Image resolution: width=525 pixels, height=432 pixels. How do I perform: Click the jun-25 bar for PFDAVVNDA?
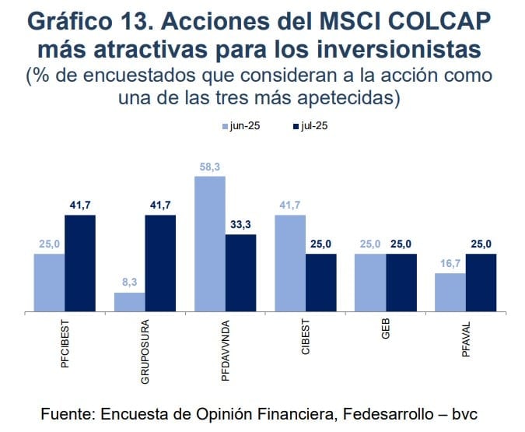click(x=209, y=244)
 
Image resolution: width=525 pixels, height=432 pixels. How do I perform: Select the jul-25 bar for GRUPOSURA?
click(x=160, y=263)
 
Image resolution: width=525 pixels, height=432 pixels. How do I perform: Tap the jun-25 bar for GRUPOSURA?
click(x=129, y=302)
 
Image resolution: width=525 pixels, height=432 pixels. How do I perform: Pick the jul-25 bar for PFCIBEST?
click(x=80, y=263)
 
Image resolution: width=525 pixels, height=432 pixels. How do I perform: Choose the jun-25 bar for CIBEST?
click(x=289, y=263)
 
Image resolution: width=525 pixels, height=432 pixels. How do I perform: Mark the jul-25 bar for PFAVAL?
click(x=481, y=283)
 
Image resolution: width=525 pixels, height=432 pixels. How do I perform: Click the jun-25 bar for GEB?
click(x=370, y=283)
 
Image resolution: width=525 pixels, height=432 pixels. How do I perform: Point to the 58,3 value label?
click(x=210, y=167)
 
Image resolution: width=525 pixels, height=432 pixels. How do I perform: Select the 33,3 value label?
click(x=241, y=225)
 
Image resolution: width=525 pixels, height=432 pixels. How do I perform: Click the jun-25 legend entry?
click(x=241, y=126)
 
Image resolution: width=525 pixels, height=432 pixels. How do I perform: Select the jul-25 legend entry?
click(x=310, y=126)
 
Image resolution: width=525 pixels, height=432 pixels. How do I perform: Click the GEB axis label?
click(x=386, y=330)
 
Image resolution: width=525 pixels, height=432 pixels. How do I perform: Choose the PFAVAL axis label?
click(x=466, y=339)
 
